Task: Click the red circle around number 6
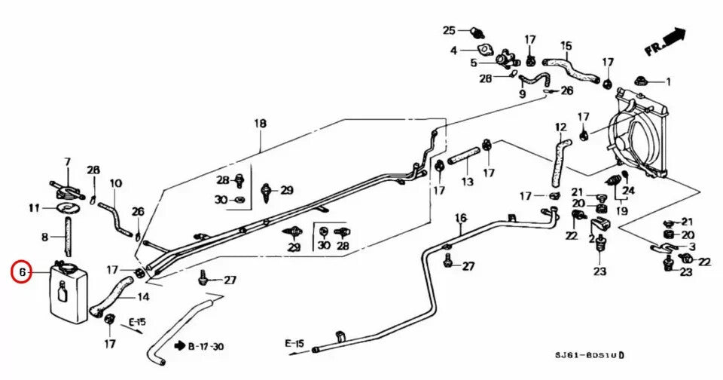[x=22, y=271]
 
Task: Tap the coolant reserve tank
[x=68, y=293]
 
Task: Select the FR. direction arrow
[x=666, y=42]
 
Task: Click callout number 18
[x=260, y=123]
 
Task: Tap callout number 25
[x=449, y=30]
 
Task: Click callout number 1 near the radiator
[x=667, y=81]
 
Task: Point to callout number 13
[x=467, y=182]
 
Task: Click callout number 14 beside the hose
[x=143, y=297]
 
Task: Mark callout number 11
[x=34, y=207]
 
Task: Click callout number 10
[x=115, y=183]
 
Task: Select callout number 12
[x=560, y=127]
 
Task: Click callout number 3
[x=692, y=247]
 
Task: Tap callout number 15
[x=566, y=45]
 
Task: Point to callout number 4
[x=454, y=51]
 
